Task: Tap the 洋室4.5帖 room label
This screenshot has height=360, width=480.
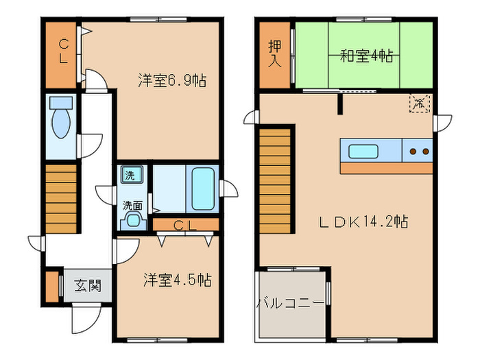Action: (177, 280)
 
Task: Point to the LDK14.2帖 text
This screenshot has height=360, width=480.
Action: (363, 221)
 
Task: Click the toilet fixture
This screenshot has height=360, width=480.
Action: (62, 120)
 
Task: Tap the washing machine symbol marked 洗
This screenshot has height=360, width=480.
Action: (129, 175)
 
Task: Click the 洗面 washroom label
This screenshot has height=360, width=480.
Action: (132, 204)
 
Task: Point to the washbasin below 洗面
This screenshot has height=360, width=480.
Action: (132, 220)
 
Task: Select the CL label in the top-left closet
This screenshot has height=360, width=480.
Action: (62, 51)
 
